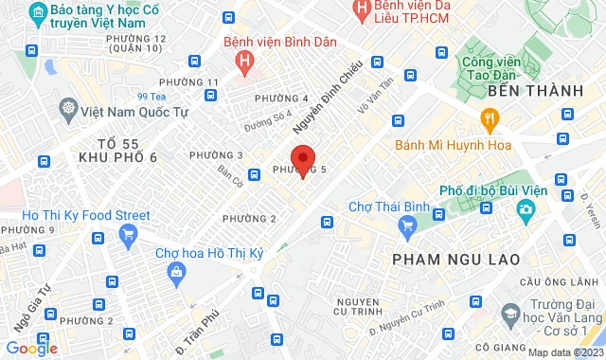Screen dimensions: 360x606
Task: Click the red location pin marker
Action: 302,159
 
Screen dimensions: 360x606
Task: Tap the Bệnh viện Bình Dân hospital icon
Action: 245,63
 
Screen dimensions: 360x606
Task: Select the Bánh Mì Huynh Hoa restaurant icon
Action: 490,118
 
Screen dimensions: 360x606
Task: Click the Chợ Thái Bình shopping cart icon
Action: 408,225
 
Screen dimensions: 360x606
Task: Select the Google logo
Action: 31,348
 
